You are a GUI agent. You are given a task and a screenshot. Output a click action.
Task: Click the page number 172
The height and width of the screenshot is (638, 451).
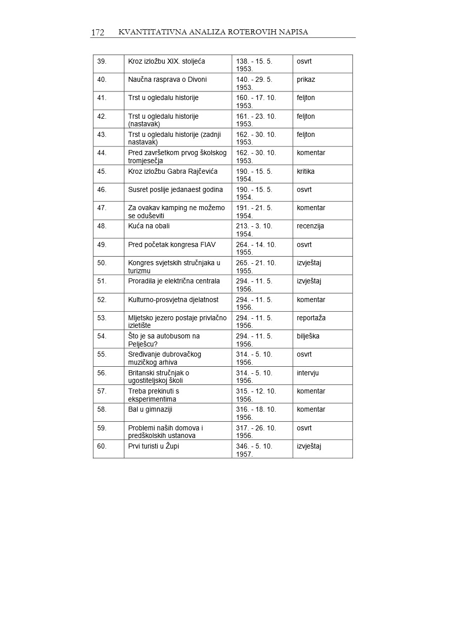pos(98,33)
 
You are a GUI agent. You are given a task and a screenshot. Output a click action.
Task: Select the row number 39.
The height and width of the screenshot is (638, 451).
pos(102,62)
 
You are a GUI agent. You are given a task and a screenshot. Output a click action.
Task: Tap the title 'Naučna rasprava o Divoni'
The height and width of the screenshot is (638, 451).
pos(167,80)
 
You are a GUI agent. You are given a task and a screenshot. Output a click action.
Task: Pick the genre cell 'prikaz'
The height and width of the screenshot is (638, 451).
pos(306,80)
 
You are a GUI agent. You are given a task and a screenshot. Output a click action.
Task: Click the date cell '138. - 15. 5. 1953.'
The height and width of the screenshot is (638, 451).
pos(254,65)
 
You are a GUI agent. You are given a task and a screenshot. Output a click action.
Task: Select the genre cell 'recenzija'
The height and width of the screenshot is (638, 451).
pos(310,226)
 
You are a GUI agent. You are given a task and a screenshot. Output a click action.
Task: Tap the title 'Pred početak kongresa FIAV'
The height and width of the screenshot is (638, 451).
pos(172,244)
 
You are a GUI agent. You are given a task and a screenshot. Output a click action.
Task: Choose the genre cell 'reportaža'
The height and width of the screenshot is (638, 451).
pos(311,318)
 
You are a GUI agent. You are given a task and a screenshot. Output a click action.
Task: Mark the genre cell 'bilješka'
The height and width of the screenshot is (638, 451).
pos(308,336)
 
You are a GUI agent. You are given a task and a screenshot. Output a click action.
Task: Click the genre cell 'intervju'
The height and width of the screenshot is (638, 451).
pos(307,373)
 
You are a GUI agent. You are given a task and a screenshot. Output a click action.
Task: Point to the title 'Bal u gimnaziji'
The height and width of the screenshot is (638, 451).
pos(150,410)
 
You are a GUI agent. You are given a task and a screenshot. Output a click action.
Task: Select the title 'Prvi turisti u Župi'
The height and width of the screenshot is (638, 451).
pos(154,446)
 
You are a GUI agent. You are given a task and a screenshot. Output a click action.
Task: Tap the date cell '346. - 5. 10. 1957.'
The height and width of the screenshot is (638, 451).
pos(254,450)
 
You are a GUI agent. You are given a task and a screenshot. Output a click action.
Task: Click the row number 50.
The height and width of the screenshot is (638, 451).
pos(102,263)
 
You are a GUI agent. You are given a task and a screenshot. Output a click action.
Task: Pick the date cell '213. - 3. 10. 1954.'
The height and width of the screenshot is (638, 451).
pos(254,230)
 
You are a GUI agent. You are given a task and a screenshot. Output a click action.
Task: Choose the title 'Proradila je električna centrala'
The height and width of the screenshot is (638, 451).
pos(174,281)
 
